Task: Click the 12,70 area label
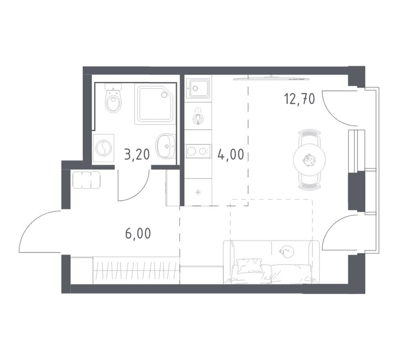coord(299,99)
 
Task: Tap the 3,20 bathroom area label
coord(137,154)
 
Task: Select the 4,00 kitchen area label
coord(231,154)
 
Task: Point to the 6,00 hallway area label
coord(138,233)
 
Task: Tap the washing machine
coord(103,148)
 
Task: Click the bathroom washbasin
coord(166,146)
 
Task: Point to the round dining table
coord(309,160)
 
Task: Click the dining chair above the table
coord(309,137)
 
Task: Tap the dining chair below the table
coord(309,182)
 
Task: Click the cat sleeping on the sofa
coord(287,251)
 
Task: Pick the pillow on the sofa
coord(250,265)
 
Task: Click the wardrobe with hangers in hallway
coord(136,270)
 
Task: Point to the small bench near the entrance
coord(86,180)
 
